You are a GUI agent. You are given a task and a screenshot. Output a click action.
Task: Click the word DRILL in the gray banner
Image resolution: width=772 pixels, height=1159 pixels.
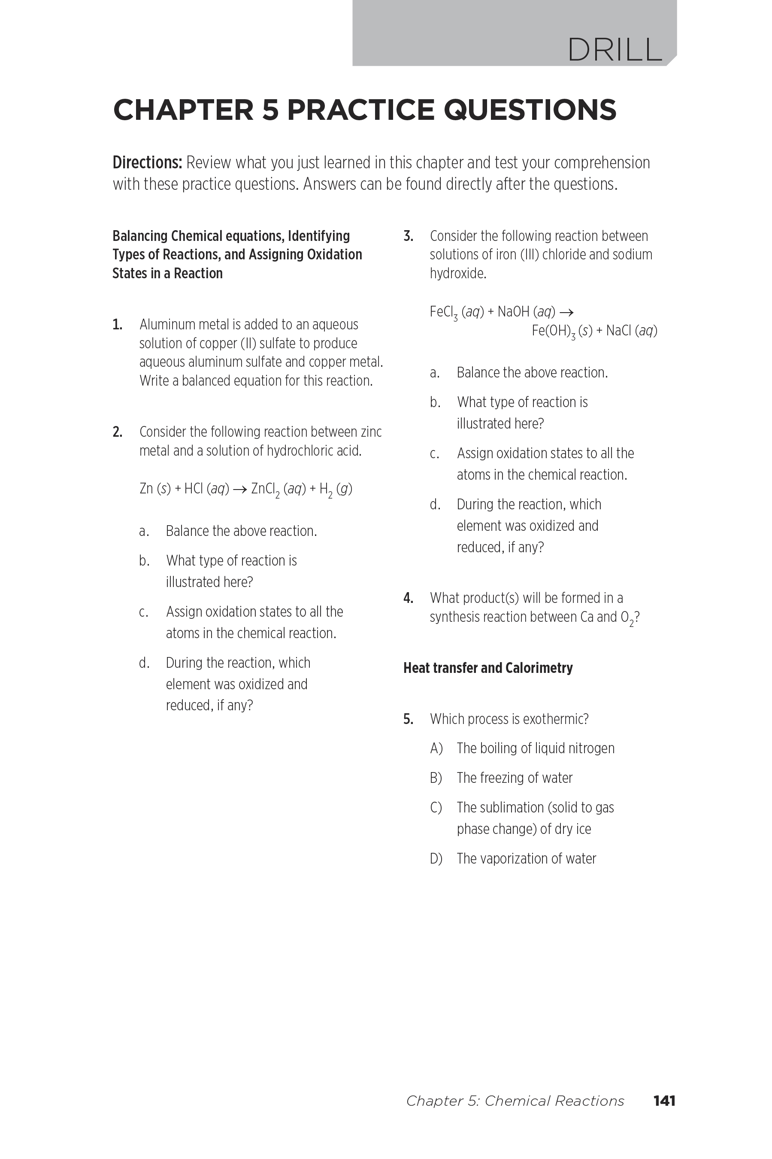pos(615,50)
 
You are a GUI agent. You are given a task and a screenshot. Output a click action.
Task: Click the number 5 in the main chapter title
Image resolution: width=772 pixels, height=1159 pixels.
pos(270,110)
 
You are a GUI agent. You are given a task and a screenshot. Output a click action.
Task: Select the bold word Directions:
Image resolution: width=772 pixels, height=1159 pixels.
pos(148,163)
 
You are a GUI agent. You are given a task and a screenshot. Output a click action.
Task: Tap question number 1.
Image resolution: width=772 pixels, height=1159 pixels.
pos(117,325)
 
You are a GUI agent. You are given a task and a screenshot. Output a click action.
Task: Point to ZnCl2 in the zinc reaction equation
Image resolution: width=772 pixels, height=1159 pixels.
pos(265,489)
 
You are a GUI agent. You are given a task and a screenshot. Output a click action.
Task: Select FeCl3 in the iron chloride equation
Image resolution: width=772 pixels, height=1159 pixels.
pos(444,312)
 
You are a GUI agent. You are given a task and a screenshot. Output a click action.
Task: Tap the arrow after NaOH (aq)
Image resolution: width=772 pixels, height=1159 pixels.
pos(567,312)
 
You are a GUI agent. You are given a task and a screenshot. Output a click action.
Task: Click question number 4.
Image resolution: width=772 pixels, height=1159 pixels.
pos(408,598)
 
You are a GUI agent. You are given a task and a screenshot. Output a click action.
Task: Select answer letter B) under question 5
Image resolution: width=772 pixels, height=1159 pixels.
pos(436,778)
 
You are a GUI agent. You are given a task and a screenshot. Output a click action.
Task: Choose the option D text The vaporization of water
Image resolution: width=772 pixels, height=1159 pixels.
pos(526,858)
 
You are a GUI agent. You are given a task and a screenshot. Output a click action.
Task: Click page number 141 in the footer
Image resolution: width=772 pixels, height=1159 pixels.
pos(664,1101)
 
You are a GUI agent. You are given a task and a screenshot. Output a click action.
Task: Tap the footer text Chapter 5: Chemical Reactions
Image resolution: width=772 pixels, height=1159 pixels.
pos(515,1101)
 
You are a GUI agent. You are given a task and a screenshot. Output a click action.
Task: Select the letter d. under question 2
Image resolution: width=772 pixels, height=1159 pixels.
pos(144,663)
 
